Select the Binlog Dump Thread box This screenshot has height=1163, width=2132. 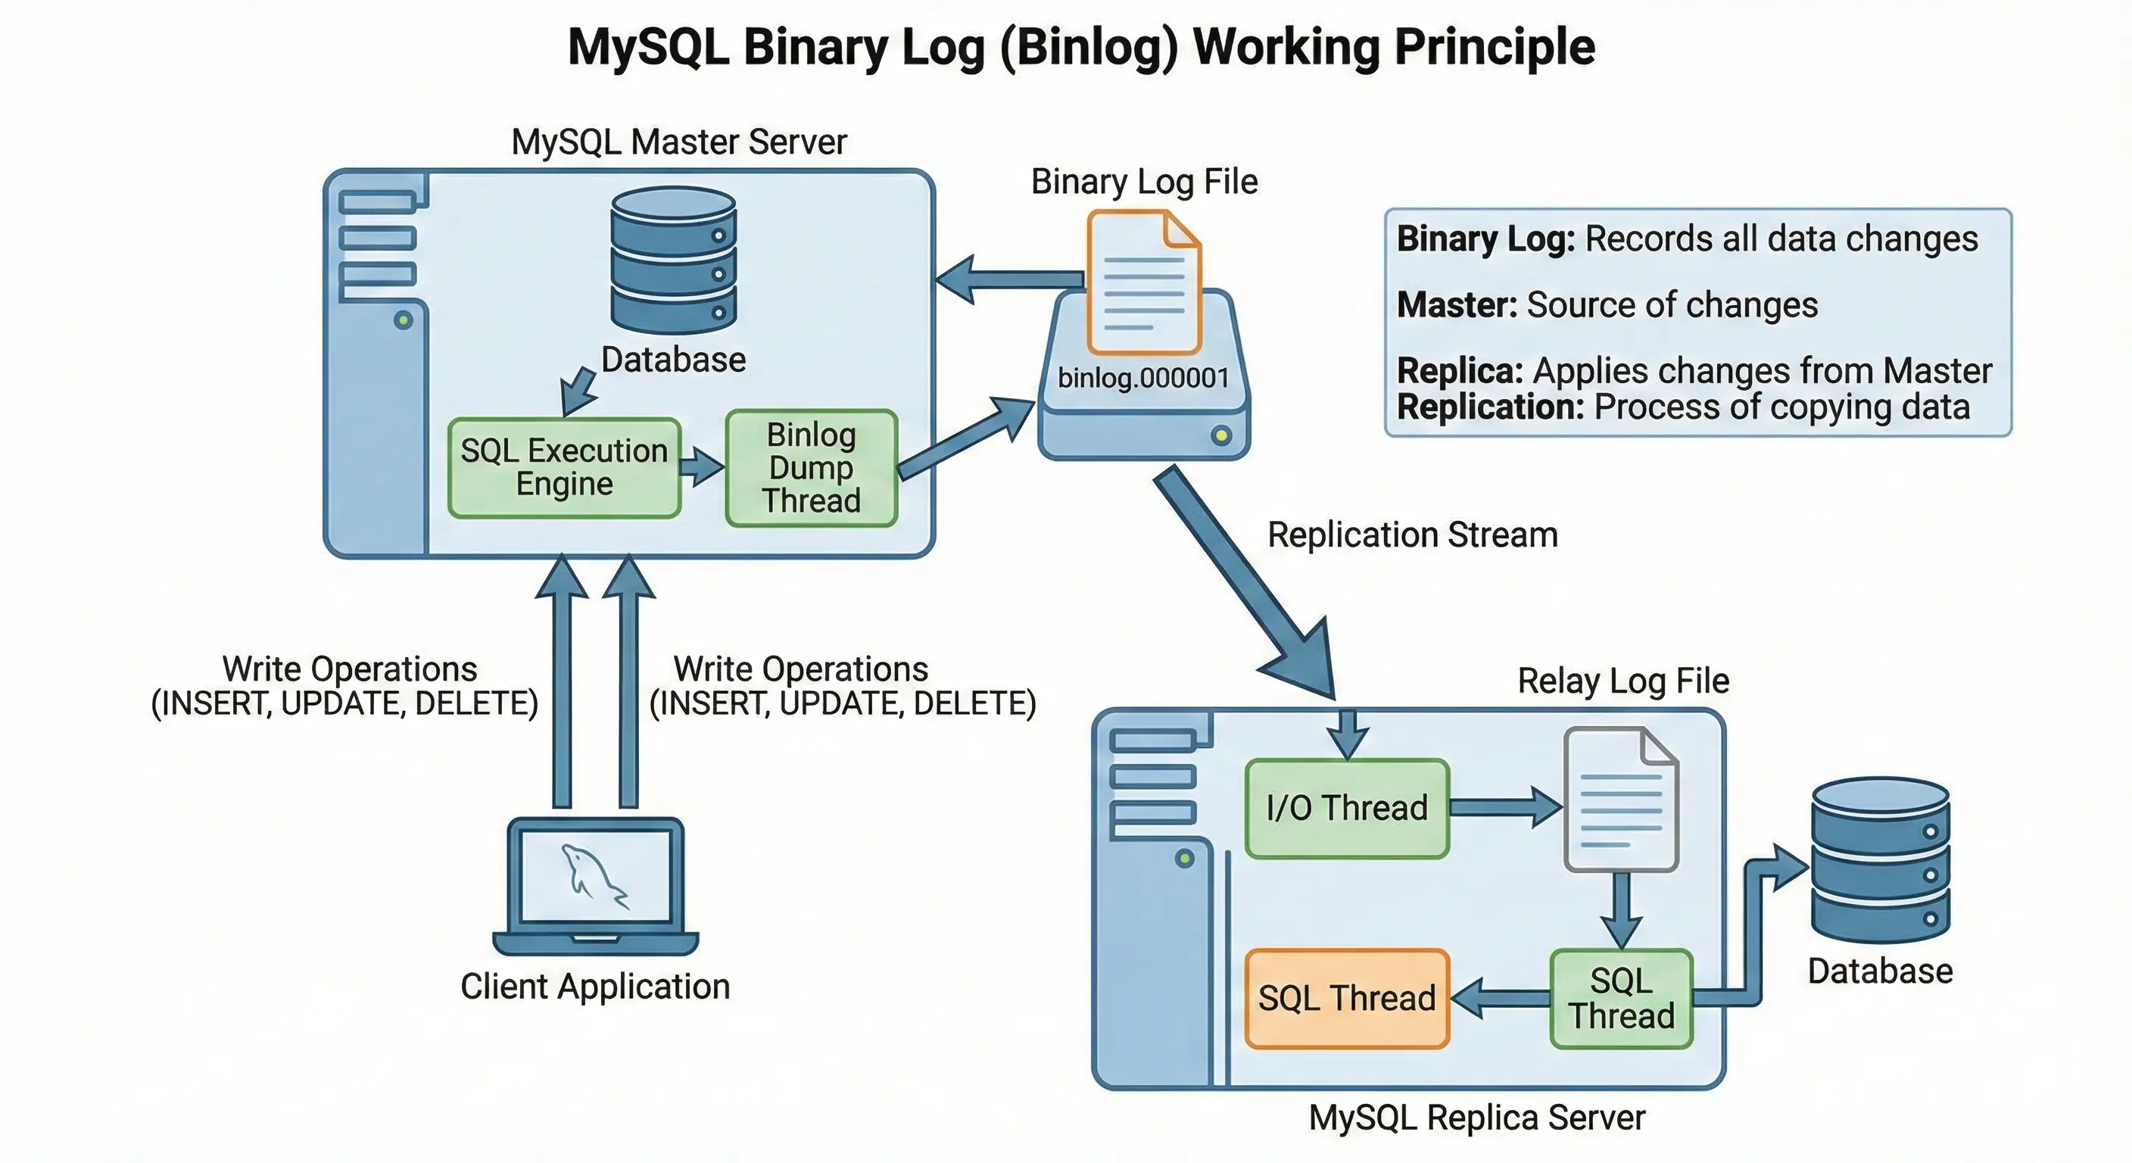[x=811, y=468]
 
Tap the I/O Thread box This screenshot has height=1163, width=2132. [x=1348, y=808]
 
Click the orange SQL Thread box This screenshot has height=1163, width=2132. [x=1348, y=998]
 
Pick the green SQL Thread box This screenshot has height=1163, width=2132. [x=1622, y=998]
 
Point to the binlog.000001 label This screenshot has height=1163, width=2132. [x=1144, y=379]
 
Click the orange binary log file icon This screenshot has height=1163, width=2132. [x=1144, y=282]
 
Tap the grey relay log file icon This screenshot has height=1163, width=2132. [x=1620, y=799]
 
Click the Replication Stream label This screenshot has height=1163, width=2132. [x=1413, y=535]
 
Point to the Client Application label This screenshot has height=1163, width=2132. [x=595, y=987]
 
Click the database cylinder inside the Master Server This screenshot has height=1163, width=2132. [x=673, y=260]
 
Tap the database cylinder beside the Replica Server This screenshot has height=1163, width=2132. [x=1881, y=860]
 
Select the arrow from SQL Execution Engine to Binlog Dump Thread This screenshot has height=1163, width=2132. [x=702, y=467]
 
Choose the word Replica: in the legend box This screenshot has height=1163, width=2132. [x=1460, y=371]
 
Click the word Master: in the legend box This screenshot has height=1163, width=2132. [x=1457, y=304]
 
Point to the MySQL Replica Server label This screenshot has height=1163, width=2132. [x=1477, y=1118]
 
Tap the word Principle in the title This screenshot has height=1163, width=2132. [x=1495, y=47]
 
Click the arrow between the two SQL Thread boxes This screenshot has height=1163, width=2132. [x=1501, y=998]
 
